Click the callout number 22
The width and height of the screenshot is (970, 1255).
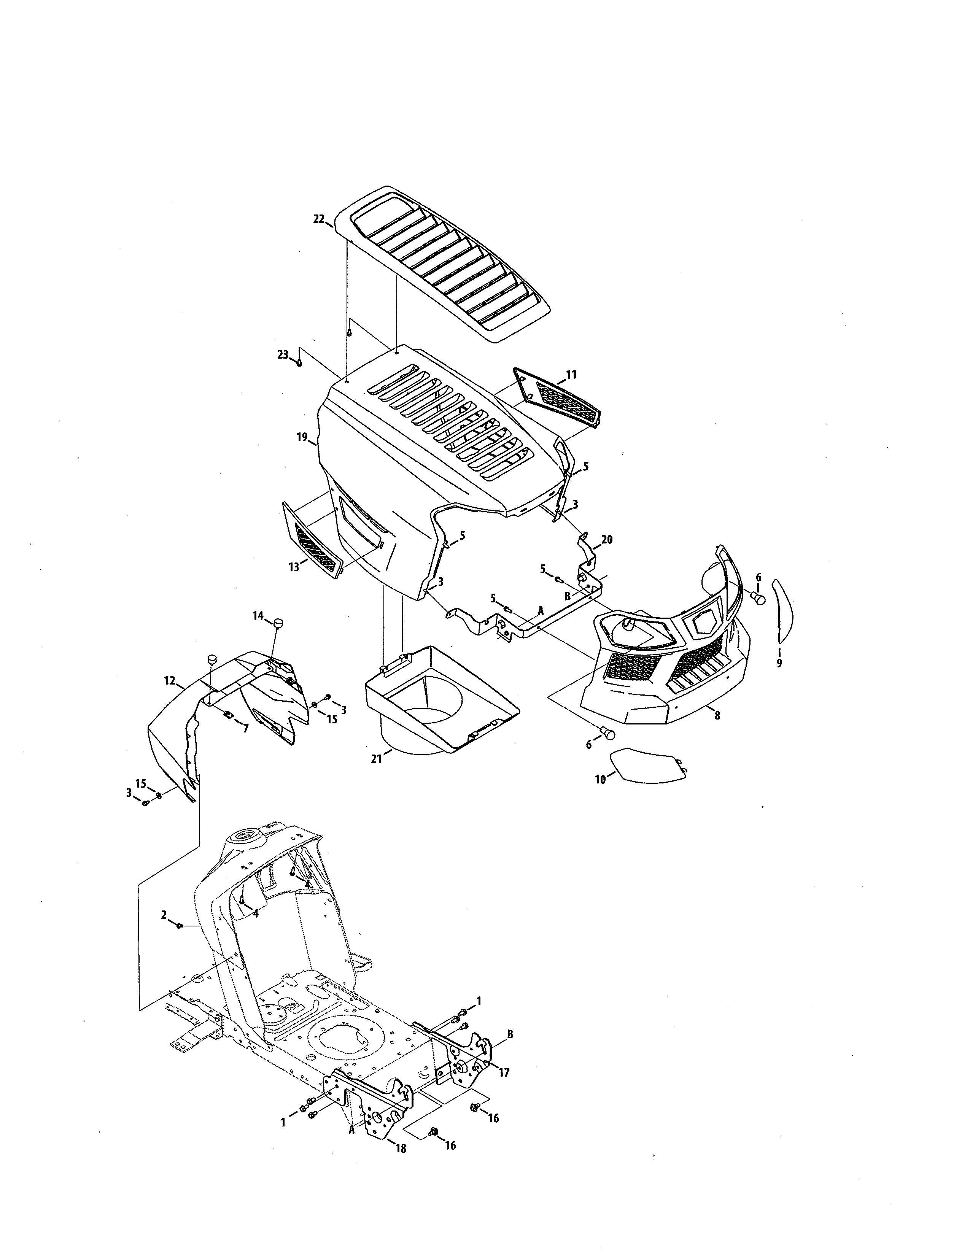pos(319,218)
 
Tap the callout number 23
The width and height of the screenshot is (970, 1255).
pos(283,354)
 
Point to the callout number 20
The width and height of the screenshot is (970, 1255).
pos(607,539)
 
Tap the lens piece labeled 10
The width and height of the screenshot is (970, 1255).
pos(648,764)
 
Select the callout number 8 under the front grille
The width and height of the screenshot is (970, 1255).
pos(717,715)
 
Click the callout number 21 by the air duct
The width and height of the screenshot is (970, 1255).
pos(376,759)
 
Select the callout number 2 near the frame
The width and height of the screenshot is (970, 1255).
pos(164,913)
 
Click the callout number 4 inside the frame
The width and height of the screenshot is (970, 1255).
pos(256,913)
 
